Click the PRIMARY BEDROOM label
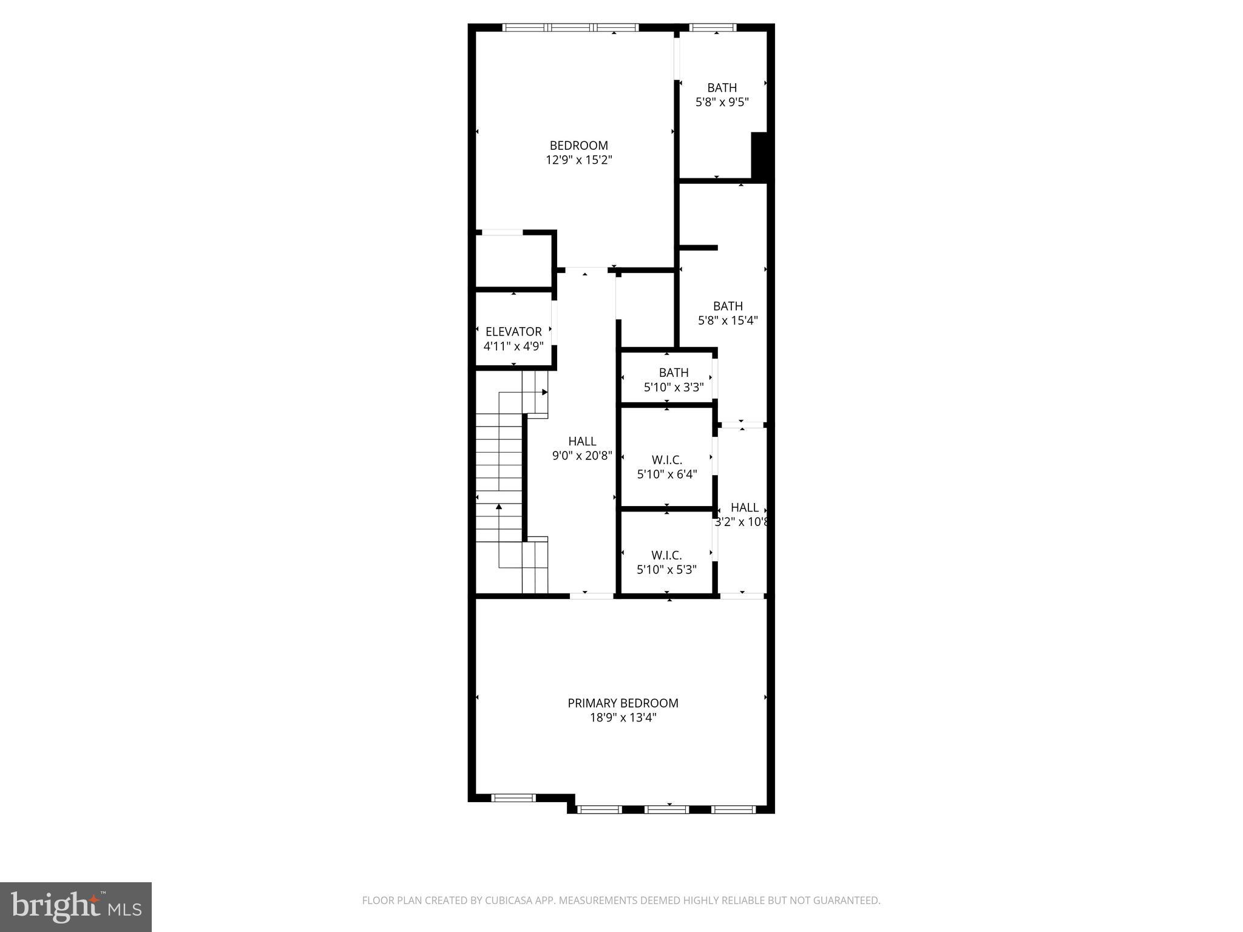coord(623,703)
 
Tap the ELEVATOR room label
coord(513,332)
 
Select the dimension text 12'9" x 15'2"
coord(578,160)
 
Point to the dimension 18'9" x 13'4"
coord(623,718)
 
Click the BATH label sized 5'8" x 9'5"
coord(722,88)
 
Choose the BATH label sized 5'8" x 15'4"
coord(728,306)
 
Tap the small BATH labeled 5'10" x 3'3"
coord(674,373)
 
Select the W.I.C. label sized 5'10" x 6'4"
coord(667,461)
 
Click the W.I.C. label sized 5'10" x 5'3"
coord(666,555)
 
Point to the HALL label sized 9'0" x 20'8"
coord(582,442)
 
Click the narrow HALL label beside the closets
coord(744,508)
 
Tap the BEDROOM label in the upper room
coord(578,146)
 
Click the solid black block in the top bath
coord(760,155)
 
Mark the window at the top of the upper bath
coord(713,27)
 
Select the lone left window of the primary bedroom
coord(513,798)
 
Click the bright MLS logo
coord(76,907)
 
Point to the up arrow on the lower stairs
coord(499,506)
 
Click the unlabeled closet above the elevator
coord(513,261)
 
